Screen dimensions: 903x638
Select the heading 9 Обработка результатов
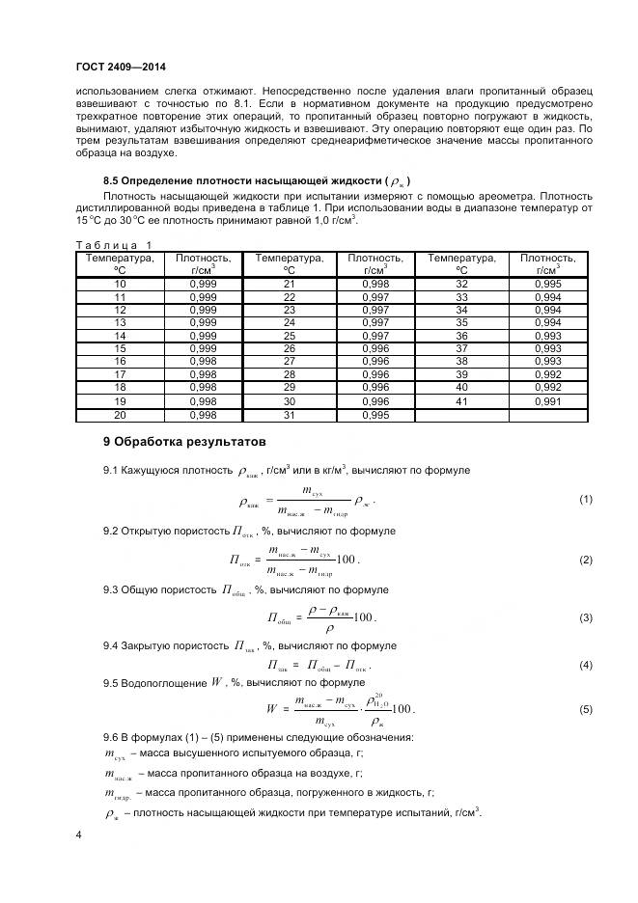pyautogui.click(x=182, y=442)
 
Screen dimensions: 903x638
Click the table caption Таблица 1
pyautogui.click(x=114, y=245)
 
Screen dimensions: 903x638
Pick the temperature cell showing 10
pyautogui.click(x=121, y=285)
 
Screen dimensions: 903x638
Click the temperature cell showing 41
pyautogui.click(x=461, y=399)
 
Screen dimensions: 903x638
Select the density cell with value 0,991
pyautogui.click(x=547, y=399)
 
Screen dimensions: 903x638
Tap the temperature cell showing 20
pyautogui.click(x=121, y=415)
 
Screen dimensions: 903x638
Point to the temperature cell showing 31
pyautogui.click(x=289, y=415)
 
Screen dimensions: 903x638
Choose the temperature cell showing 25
pyautogui.click(x=289, y=335)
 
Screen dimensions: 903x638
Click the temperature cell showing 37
pyautogui.click(x=461, y=347)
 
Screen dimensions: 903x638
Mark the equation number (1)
pyautogui.click(x=585, y=499)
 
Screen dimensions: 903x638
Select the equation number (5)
pyautogui.click(x=585, y=709)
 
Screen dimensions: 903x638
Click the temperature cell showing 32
pyautogui.click(x=461, y=285)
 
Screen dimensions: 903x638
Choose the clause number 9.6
pyautogui.click(x=113, y=737)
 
